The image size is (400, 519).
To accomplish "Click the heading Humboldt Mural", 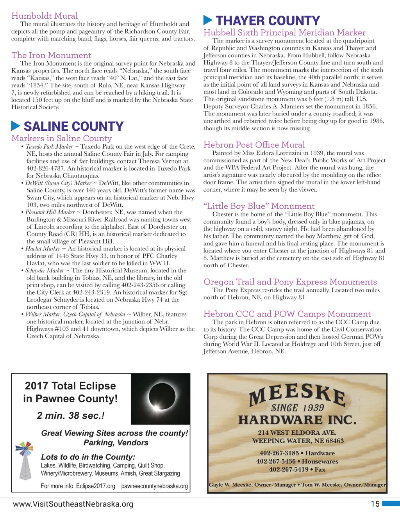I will [x=45, y=16].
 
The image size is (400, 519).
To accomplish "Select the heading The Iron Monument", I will [x=51, y=55].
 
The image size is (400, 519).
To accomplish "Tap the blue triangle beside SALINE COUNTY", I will [x=16, y=126].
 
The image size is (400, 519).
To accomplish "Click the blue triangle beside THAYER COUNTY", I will [x=208, y=20].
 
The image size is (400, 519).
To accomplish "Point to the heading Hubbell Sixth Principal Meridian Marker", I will [x=284, y=33].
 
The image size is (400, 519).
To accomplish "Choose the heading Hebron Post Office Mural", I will [x=254, y=145].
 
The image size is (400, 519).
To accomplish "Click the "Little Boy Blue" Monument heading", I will [x=259, y=206].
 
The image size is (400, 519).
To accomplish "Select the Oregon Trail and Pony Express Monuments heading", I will [x=290, y=282].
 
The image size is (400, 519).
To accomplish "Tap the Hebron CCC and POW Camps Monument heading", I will [x=287, y=314].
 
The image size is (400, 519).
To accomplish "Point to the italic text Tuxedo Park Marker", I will [x=49, y=147].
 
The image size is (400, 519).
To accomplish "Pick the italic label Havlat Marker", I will [x=43, y=249].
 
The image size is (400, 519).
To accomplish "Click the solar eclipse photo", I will [x=160, y=399].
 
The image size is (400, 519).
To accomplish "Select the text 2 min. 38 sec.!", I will [x=71, y=416].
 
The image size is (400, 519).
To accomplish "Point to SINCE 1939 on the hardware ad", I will [x=297, y=408].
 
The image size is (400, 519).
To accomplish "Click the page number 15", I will [x=375, y=504].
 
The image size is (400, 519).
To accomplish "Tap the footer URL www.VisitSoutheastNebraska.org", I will [x=73, y=504].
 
